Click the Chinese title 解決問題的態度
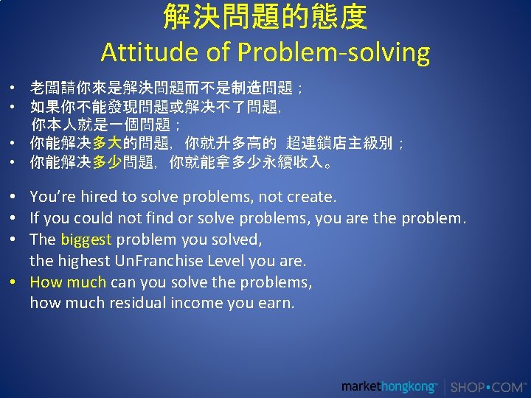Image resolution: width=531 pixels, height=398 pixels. pyautogui.click(x=265, y=17)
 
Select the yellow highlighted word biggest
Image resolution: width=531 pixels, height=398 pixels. pyautogui.click(x=86, y=240)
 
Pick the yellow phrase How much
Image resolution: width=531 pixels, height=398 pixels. pyautogui.click(x=68, y=282)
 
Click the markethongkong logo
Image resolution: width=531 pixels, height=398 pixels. pyautogui.click(x=389, y=386)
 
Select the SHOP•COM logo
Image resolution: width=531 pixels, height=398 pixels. pyautogui.click(x=487, y=386)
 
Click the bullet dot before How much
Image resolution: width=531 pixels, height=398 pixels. pyautogui.click(x=14, y=282)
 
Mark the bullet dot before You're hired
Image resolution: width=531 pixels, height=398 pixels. pyautogui.click(x=14, y=197)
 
